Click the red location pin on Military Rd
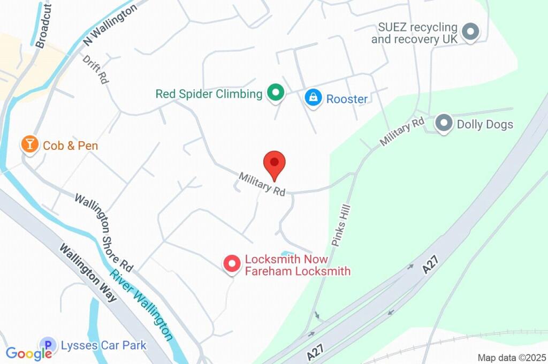click(x=275, y=163)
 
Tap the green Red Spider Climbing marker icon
click(x=276, y=94)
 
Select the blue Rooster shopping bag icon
click(x=313, y=98)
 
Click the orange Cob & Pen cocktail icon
click(x=29, y=143)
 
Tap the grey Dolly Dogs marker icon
click(x=444, y=124)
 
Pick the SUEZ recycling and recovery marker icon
click(x=470, y=32)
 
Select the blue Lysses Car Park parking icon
click(x=48, y=345)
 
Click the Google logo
click(x=29, y=353)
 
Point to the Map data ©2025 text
click(x=512, y=358)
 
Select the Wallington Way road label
click(x=88, y=272)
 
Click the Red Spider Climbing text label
click(x=209, y=94)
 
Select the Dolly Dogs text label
click(x=485, y=125)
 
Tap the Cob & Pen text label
click(x=70, y=146)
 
